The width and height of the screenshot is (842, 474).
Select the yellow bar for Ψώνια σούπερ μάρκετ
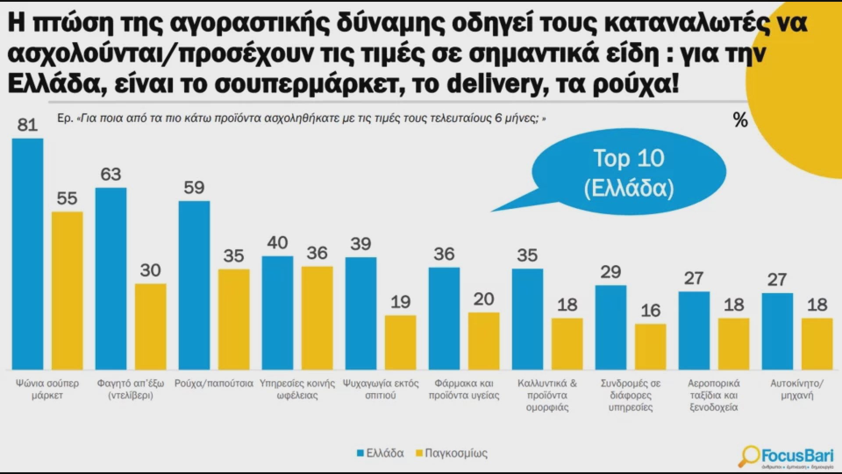(x=67, y=291)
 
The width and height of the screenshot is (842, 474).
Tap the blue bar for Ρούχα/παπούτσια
(x=194, y=285)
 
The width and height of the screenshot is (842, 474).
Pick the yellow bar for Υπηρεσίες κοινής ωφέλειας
(x=317, y=318)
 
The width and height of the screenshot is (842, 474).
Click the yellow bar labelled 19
(x=400, y=342)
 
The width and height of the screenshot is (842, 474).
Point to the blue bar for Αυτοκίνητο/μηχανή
(x=778, y=331)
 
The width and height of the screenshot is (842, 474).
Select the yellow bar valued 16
(x=650, y=347)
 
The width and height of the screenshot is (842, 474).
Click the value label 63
(x=111, y=175)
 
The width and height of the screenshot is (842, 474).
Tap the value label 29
(x=610, y=273)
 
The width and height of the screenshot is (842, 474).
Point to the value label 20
(x=484, y=299)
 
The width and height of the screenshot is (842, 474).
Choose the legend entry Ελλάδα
(x=380, y=453)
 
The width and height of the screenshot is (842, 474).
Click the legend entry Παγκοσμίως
(x=451, y=453)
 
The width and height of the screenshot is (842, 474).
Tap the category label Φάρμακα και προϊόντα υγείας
(x=464, y=389)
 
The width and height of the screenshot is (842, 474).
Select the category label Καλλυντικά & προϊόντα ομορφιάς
(x=547, y=395)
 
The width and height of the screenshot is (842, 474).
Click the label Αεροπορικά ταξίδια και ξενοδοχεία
(x=714, y=395)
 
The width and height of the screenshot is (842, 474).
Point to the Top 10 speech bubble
(x=629, y=172)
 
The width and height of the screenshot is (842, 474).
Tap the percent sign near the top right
(x=740, y=120)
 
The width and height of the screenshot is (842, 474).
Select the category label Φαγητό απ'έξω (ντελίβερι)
(x=131, y=389)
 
